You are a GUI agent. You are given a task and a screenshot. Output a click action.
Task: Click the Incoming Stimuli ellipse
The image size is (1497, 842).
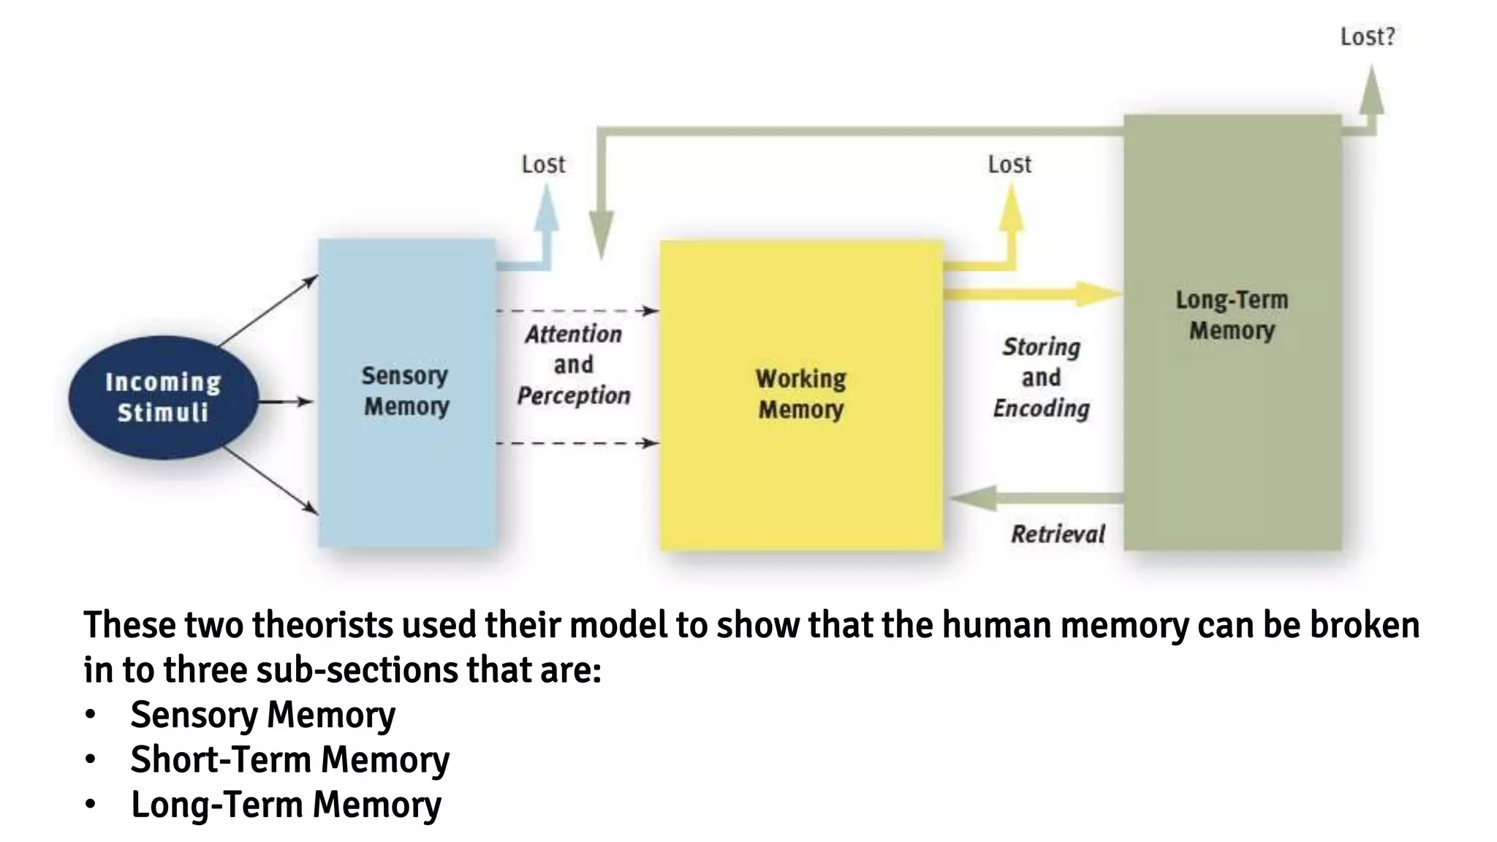(x=164, y=397)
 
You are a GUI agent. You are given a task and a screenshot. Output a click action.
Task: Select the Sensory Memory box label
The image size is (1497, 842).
(x=406, y=391)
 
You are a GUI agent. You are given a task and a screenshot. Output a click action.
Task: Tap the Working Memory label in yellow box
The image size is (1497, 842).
(x=800, y=394)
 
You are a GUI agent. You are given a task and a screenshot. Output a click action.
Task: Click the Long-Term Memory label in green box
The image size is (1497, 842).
(x=1232, y=315)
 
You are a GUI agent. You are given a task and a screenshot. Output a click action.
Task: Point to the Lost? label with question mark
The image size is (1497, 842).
(x=1367, y=37)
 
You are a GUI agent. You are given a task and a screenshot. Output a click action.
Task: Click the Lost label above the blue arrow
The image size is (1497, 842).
(x=543, y=164)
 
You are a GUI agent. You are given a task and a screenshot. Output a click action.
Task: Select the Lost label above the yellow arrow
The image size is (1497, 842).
(x=1009, y=164)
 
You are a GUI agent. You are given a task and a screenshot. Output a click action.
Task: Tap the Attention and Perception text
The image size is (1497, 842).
(x=573, y=365)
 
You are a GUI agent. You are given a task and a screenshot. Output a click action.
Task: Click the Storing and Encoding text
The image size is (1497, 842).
(x=1041, y=377)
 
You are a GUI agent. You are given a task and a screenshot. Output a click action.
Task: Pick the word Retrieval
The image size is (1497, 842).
(x=1057, y=534)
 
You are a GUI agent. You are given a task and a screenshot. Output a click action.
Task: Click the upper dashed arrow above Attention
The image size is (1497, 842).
(x=577, y=311)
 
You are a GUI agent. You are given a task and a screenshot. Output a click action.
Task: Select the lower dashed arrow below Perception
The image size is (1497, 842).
(x=577, y=443)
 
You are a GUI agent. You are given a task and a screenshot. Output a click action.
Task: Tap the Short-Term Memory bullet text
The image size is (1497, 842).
(x=289, y=759)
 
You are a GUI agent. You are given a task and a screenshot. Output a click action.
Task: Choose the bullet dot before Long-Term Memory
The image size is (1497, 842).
(x=90, y=805)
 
